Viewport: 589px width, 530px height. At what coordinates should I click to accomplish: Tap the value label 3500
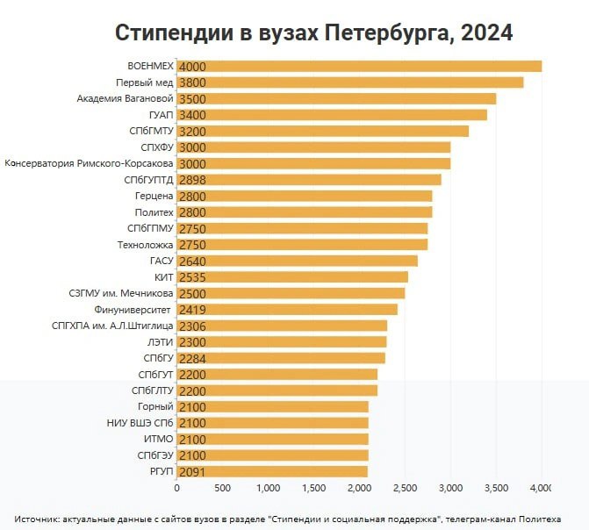click(x=192, y=99)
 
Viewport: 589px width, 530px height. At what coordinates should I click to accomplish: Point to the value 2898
click(x=192, y=180)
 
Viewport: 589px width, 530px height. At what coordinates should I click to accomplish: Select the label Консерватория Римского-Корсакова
click(x=89, y=163)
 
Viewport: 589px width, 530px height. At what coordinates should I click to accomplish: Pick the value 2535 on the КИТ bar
click(x=192, y=277)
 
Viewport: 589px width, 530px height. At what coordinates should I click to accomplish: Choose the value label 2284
click(x=192, y=359)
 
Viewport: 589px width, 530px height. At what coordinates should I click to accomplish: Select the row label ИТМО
click(x=159, y=439)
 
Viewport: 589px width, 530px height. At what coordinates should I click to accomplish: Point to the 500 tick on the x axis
click(x=222, y=488)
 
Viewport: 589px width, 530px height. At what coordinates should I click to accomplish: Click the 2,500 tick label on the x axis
click(x=405, y=488)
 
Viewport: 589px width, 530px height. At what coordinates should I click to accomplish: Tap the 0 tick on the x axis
click(x=177, y=488)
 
